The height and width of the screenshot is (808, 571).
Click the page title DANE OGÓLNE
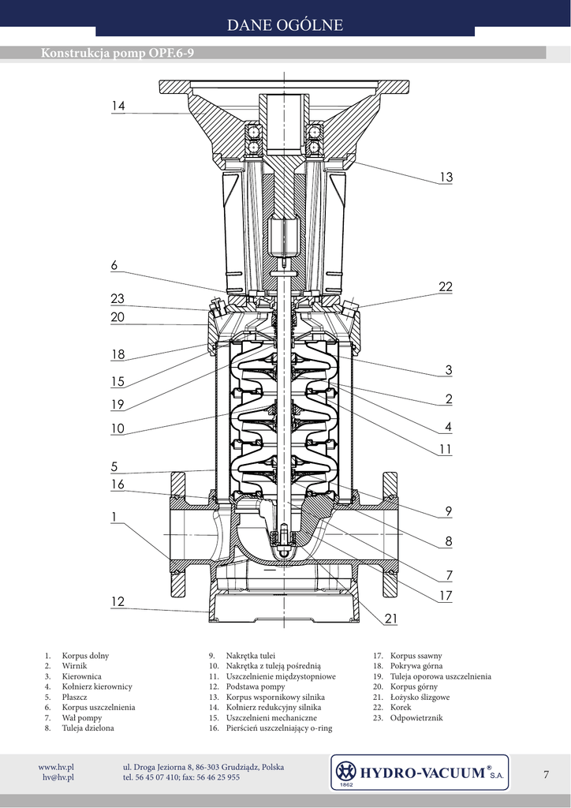coord(285,24)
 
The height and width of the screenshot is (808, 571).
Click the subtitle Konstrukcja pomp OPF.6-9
coord(118,53)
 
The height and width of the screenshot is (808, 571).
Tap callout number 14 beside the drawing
coord(118,106)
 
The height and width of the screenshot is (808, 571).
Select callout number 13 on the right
coord(446,178)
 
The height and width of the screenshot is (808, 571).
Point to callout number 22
coord(446,287)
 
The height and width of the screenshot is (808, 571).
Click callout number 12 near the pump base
coord(118,601)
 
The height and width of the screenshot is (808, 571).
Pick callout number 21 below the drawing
coord(391,619)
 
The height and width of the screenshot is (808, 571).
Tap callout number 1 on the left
coord(114,517)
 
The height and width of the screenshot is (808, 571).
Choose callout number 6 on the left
coord(114,265)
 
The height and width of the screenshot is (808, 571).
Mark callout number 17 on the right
coord(446,596)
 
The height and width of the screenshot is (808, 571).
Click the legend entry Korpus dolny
coord(85,656)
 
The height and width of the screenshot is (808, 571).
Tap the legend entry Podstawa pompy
coord(256,687)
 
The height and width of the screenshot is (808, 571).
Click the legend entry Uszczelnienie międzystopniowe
coord(281,676)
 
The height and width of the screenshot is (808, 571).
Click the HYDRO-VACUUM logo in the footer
coord(419,772)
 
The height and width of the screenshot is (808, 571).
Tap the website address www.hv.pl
coord(56,767)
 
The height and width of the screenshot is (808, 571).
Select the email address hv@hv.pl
coord(58,777)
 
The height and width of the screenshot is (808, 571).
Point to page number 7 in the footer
coord(546,774)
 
